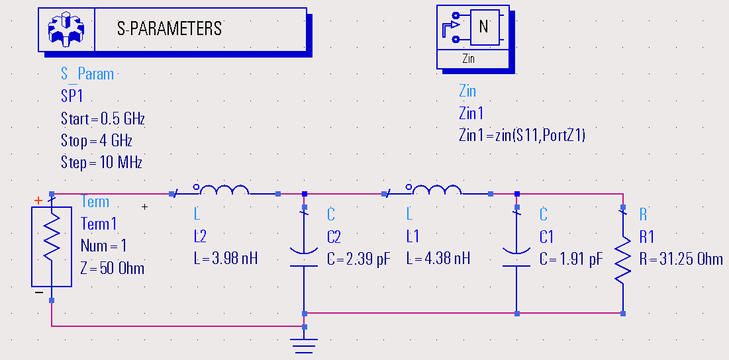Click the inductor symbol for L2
point(221,191)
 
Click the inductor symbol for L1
point(436,191)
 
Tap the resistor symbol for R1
point(622,259)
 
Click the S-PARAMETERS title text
point(170,28)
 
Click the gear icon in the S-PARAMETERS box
point(66,29)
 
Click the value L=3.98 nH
point(226,258)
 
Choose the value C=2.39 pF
point(359,258)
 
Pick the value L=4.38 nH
point(438,258)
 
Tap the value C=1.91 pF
point(571,258)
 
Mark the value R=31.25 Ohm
point(681,258)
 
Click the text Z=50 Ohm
point(113,268)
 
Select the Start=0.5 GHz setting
point(103,119)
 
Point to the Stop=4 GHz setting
point(97,141)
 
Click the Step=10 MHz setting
point(101,162)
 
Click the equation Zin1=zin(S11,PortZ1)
point(522,135)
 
